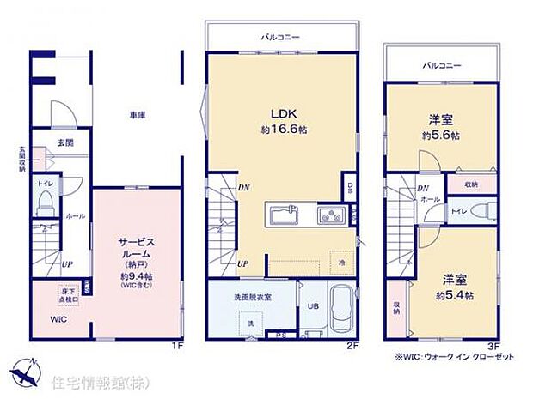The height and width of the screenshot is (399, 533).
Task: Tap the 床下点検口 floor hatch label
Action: click(66, 293)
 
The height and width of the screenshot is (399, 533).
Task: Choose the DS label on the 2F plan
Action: click(350, 189)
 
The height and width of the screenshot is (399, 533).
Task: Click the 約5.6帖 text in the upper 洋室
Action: click(440, 136)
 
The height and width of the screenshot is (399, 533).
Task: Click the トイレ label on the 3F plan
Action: click(459, 209)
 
